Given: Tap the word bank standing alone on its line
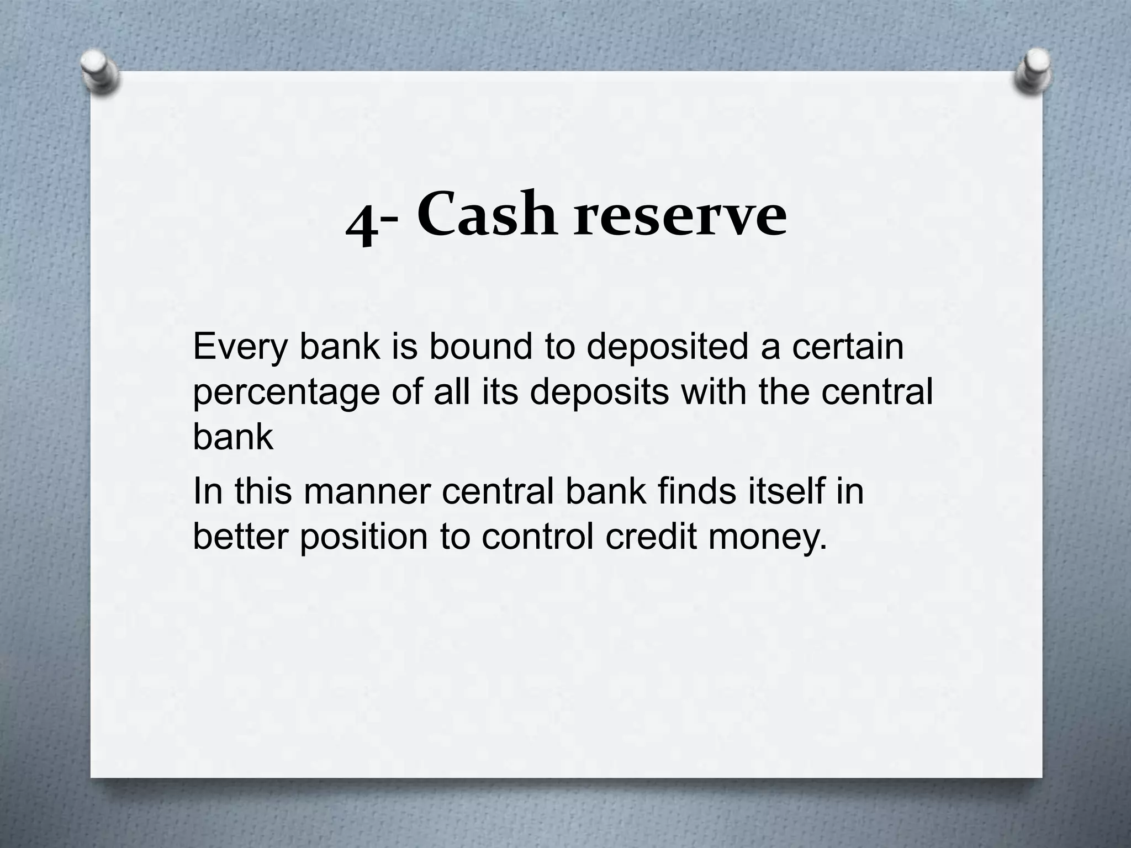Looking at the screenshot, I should click(x=232, y=437).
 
